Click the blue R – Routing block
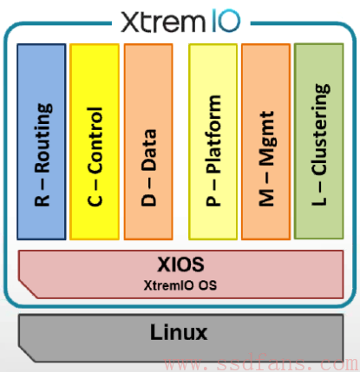[x=42, y=141]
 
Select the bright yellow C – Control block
[x=95, y=141]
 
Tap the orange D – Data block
[x=148, y=141]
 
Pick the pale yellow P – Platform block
[x=213, y=141]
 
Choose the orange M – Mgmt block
[x=266, y=141]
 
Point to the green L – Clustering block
[x=319, y=141]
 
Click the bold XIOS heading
[x=180, y=264]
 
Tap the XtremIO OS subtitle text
[x=180, y=285]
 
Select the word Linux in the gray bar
[x=179, y=332]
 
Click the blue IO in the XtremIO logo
[x=226, y=21]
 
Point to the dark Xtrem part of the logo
[x=163, y=22]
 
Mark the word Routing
[x=43, y=138]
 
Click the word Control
[x=95, y=140]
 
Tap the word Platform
[x=213, y=134]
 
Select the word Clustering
[x=321, y=129]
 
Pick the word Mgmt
[x=266, y=138]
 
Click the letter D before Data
[x=148, y=199]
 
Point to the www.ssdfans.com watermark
[x=261, y=364]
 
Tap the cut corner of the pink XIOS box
[x=28, y=289]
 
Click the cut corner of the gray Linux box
[x=28, y=353]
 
